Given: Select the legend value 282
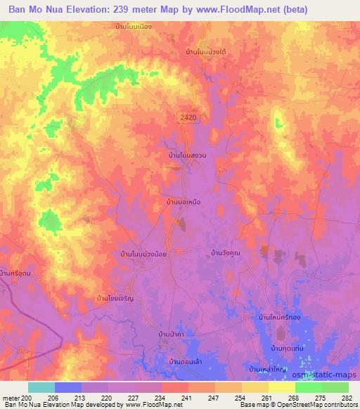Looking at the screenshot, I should pyautogui.click(x=345, y=398).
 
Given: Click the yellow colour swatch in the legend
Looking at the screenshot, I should pyautogui.click(x=281, y=387).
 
